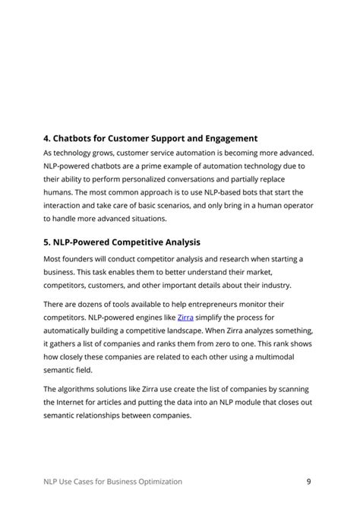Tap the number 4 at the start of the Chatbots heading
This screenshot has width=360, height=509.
(46, 138)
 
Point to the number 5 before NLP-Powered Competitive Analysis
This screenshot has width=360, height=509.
(46, 242)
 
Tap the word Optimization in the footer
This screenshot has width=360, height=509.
(155, 481)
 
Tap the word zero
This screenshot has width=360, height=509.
(235, 343)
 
